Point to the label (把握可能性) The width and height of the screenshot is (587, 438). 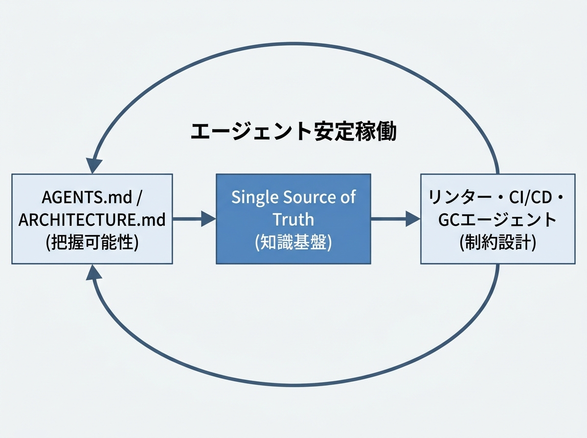tap(92, 242)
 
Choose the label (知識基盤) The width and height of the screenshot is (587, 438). tap(293, 242)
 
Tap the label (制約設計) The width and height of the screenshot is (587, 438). tap(497, 242)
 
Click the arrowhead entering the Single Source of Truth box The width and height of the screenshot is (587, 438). tap(209, 219)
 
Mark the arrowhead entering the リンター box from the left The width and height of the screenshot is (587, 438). tap(413, 219)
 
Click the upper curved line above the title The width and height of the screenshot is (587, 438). tap(293, 43)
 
